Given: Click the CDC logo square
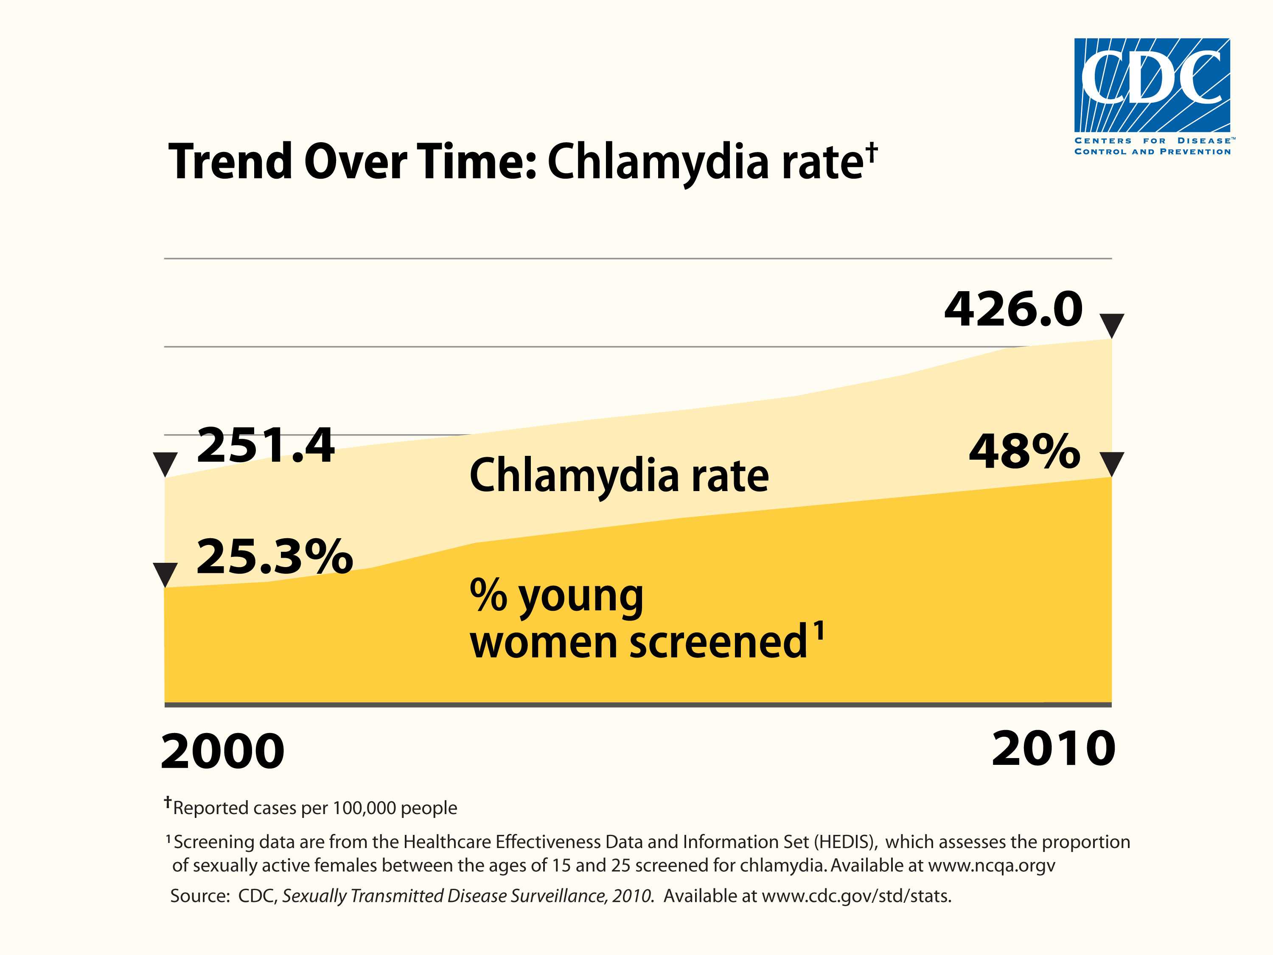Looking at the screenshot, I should pos(1152,85).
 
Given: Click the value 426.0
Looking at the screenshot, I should pos(1013,310).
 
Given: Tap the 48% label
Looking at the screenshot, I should pos(1024,452).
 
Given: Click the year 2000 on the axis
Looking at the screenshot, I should pos(223,752).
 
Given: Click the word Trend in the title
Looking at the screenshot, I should pos(230,162).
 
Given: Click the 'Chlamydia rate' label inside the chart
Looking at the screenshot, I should pos(619,476).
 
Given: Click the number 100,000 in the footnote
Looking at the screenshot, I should pos(364,808).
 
